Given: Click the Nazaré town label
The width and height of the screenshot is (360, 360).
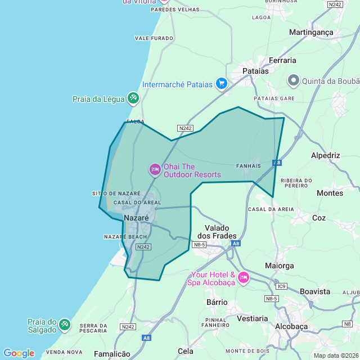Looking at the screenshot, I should pyautogui.click(x=136, y=218).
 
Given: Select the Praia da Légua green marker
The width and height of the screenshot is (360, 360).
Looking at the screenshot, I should pyautogui.click(x=133, y=98).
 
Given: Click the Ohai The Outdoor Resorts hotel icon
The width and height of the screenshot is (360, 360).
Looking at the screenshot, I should pyautogui.click(x=155, y=169).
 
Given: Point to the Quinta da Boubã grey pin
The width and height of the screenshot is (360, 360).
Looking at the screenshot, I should pyautogui.click(x=293, y=80).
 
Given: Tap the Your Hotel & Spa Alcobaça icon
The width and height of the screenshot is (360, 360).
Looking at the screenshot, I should pyautogui.click(x=244, y=277).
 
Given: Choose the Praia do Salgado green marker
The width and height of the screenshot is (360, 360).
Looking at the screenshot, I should pyautogui.click(x=65, y=325).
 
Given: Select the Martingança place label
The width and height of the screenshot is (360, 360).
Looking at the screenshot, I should pyautogui.click(x=311, y=33).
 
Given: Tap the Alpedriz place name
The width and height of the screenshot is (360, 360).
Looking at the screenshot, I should pyautogui.click(x=326, y=155).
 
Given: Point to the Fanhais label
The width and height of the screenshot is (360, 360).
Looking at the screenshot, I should pyautogui.click(x=249, y=166).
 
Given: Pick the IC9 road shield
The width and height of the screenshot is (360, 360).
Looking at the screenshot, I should pyautogui.click(x=282, y=286).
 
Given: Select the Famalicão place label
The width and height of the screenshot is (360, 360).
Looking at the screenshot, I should pyautogui.click(x=112, y=354).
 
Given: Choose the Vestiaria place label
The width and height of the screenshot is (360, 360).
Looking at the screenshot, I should pyautogui.click(x=253, y=318).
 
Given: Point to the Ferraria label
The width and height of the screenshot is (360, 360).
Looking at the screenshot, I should pyautogui.click(x=282, y=60).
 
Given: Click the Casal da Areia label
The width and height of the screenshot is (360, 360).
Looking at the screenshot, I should pyautogui.click(x=271, y=209).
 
